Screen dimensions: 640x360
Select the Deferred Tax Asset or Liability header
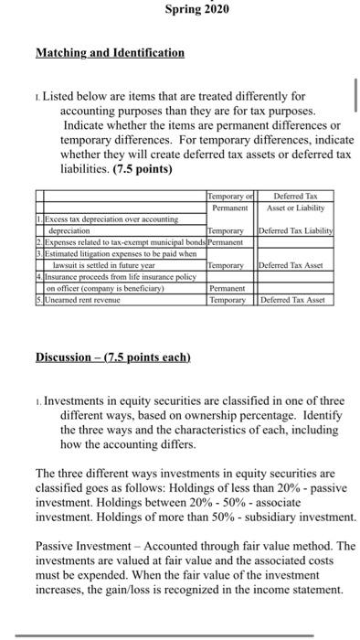tap(296, 200)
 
